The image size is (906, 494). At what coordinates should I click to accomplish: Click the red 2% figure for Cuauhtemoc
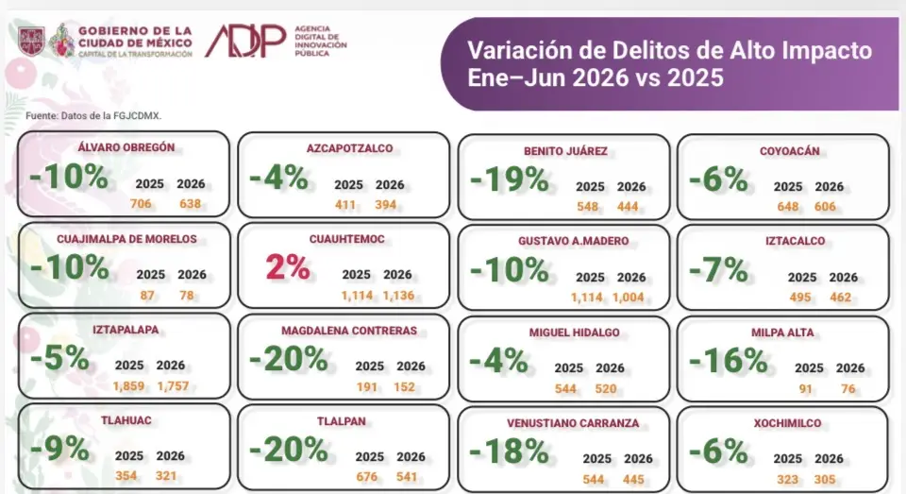coord(288,267)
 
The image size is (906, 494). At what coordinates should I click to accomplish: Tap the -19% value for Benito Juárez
coord(509,179)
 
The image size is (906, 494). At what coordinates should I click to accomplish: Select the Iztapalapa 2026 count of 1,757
coord(173,385)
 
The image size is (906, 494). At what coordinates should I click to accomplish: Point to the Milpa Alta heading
coord(782,332)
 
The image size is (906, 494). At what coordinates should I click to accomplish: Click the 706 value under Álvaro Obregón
coord(141,204)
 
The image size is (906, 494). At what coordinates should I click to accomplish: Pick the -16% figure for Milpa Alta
coord(728,361)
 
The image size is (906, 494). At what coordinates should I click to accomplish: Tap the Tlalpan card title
coord(341,421)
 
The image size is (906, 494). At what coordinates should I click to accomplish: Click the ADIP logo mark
coord(245,41)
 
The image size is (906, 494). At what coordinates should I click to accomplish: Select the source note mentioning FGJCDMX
coord(93,115)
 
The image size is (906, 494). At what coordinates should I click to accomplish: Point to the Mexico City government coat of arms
coord(31,41)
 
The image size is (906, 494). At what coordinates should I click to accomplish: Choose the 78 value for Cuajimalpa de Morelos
coord(187,295)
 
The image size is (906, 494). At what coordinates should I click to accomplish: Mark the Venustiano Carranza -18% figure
coord(509,451)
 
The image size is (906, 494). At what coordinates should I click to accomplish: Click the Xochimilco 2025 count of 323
coord(787,480)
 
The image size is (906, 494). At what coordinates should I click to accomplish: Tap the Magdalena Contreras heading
coord(349,331)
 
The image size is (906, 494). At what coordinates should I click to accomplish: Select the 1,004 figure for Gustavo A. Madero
coord(629,298)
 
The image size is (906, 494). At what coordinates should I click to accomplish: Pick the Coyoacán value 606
coord(825,207)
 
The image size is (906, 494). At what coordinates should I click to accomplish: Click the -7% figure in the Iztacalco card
coord(718,270)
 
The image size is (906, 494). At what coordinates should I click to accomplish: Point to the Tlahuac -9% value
coord(59,449)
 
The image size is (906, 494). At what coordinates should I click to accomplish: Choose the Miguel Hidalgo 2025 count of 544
coord(565,389)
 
